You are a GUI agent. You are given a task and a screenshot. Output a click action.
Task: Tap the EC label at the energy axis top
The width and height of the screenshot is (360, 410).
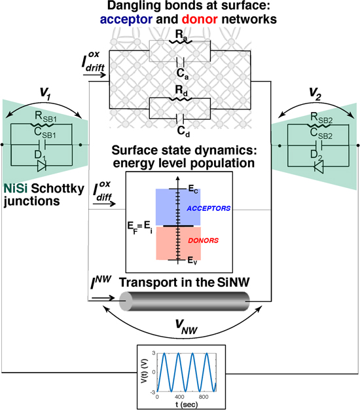[192, 189]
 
